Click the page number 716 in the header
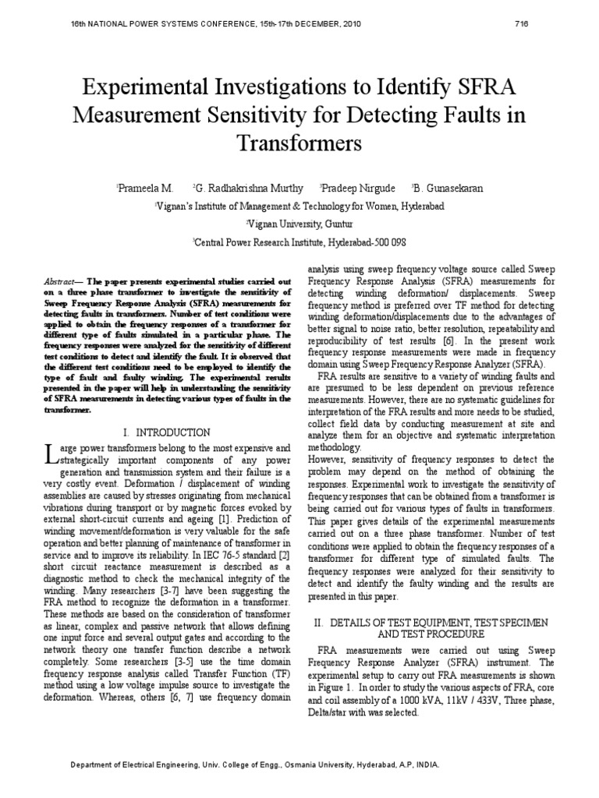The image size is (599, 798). pos(522,23)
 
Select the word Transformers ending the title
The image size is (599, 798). pos(299,143)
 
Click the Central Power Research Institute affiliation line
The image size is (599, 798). pos(299,242)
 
